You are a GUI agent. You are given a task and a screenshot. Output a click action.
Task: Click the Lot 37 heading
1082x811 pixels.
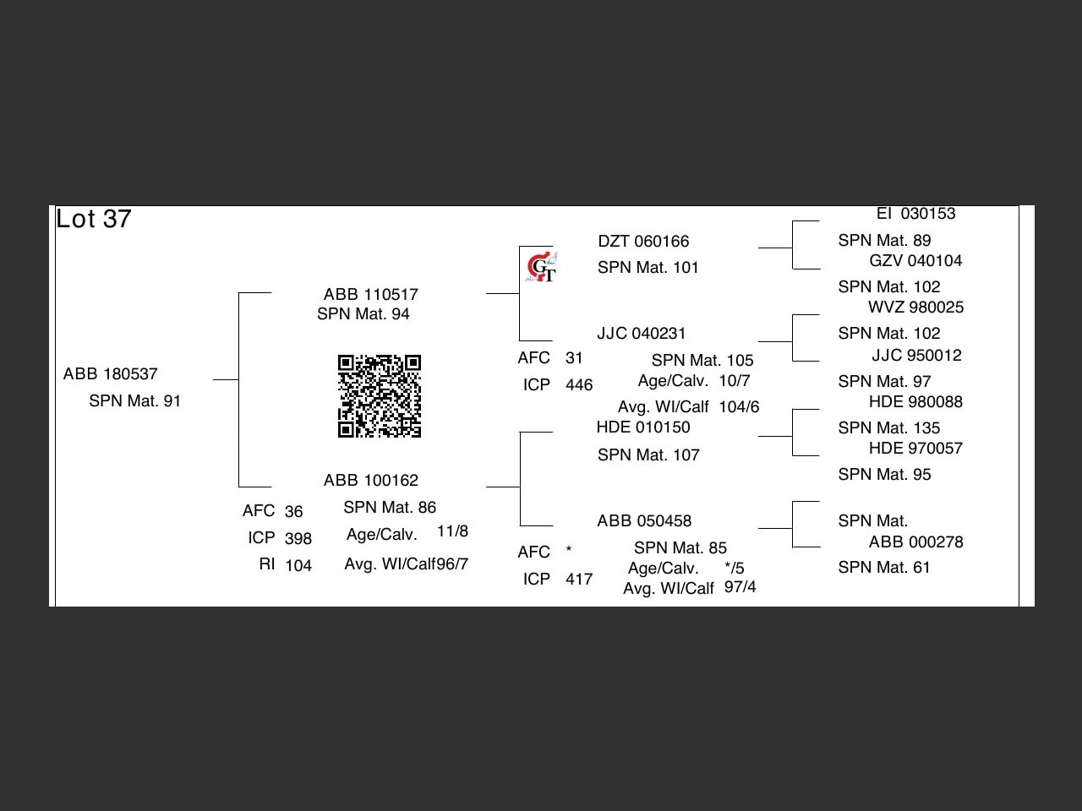pos(94,219)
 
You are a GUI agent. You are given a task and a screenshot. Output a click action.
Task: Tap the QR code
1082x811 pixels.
pos(380,396)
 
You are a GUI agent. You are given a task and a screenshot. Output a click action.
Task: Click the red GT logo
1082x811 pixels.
pos(541,268)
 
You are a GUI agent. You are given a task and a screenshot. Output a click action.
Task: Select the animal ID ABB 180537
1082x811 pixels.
pos(111,374)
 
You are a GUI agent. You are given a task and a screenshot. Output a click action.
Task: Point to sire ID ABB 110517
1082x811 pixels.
pos(371,295)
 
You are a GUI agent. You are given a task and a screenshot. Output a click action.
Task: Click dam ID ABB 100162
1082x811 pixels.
pos(371,481)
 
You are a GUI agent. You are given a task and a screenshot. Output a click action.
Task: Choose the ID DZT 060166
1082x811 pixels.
pos(643,242)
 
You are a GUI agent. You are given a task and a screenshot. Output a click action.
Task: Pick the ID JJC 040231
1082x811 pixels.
pos(642,334)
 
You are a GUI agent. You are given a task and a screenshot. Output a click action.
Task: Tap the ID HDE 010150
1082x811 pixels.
pos(643,427)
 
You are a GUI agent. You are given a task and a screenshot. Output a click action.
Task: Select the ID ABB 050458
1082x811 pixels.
pos(644,521)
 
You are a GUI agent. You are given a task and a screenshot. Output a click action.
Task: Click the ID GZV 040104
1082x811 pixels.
pos(915,261)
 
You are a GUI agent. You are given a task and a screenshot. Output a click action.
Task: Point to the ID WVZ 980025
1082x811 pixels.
pos(915,308)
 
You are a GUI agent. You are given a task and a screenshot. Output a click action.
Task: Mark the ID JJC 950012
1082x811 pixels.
pos(916,356)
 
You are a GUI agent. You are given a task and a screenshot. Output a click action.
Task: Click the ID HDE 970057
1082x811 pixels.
pos(915,449)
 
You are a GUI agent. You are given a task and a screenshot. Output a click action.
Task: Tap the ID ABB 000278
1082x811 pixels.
pos(915,542)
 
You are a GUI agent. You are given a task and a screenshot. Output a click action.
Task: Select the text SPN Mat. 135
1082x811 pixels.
pos(889,428)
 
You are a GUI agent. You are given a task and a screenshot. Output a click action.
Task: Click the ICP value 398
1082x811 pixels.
pos(298,539)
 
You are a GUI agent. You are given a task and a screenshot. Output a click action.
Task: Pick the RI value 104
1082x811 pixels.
pos(298,566)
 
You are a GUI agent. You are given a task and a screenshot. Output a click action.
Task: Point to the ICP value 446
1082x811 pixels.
pos(579,385)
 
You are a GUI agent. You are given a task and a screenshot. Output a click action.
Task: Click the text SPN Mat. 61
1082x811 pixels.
pos(884,568)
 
